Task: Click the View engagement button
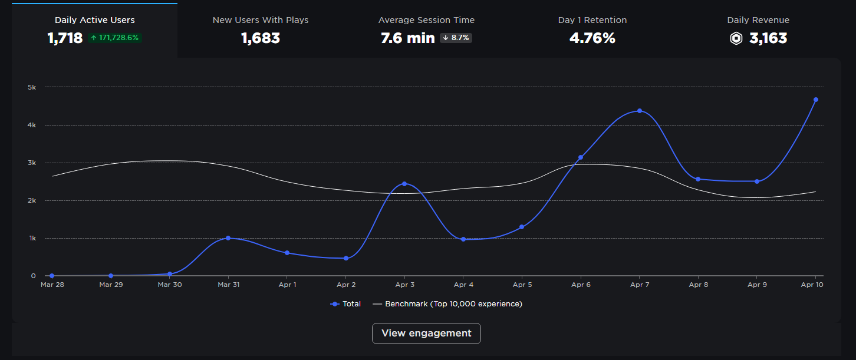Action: pos(426,333)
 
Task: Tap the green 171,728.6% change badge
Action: pos(115,38)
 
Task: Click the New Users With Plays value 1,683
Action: pos(261,39)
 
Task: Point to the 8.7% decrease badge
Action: pos(456,38)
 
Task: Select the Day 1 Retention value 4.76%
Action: pos(592,39)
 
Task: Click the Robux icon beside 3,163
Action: pos(736,39)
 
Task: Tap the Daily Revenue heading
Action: pos(758,20)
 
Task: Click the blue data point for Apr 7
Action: pos(640,111)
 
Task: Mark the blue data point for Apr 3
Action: pos(404,184)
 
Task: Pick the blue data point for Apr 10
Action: pos(816,100)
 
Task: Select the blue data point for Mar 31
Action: pos(228,238)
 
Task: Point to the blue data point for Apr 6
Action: pos(581,157)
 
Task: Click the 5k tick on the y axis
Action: pos(32,87)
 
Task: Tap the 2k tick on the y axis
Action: pos(32,200)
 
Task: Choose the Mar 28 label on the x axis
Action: pos(52,285)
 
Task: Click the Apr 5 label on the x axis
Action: pos(522,285)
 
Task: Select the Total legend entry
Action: pos(346,304)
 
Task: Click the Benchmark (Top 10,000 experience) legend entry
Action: pos(448,304)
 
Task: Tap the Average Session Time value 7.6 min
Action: pos(408,39)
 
